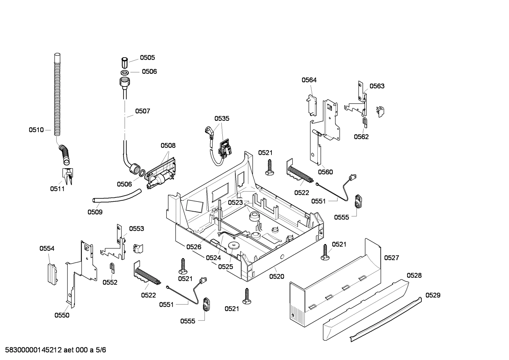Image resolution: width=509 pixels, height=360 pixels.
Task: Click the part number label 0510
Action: point(36,130)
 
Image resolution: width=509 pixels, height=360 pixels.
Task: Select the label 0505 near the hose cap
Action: point(147,58)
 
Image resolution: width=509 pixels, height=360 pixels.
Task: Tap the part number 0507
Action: point(143,111)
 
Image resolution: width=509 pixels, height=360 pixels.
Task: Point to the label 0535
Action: point(222,118)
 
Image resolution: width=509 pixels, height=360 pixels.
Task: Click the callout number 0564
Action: point(309,80)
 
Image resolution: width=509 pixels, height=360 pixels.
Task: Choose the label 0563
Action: point(377,86)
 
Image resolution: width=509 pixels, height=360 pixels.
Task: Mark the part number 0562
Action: point(361,137)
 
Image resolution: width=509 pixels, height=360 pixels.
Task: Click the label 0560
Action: point(325,172)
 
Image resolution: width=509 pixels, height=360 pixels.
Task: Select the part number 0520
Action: point(276,277)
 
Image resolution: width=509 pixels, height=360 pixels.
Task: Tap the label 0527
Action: point(391,258)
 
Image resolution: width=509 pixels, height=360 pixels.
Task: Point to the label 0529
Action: point(433,295)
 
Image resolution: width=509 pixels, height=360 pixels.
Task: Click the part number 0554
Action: point(47,249)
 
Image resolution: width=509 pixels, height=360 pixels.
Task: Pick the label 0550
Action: point(62,315)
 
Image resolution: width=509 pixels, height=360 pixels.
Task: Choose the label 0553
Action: point(136,229)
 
